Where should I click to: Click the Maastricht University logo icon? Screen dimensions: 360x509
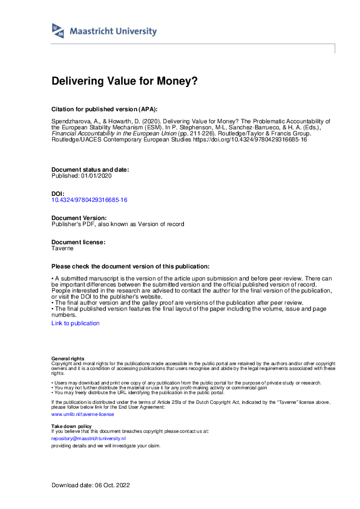click(58, 31)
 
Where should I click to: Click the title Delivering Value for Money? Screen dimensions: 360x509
click(125, 80)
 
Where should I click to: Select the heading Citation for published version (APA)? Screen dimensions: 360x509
click(105, 109)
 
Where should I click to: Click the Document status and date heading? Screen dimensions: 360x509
click(90, 170)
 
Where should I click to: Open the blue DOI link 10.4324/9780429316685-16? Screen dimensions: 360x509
click(90, 199)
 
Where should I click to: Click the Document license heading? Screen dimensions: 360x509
click(78, 242)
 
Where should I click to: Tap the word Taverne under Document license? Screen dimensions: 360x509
click(62, 248)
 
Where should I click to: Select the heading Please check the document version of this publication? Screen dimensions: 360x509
click(131, 267)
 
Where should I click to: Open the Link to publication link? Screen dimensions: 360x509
click(76, 323)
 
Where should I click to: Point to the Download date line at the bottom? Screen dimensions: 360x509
click(91, 485)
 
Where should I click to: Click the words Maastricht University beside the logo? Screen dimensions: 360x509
click(113, 31)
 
